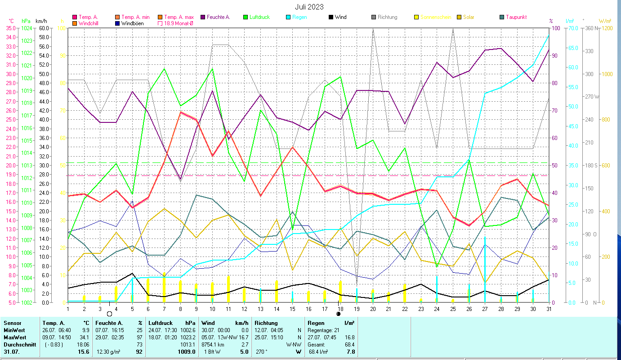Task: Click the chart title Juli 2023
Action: [x=309, y=7]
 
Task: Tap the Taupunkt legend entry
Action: [x=516, y=17]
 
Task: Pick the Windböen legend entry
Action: [x=132, y=23]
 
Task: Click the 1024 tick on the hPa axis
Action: [x=27, y=28]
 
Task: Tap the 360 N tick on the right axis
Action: [x=590, y=28]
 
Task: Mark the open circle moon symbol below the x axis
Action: [x=109, y=314]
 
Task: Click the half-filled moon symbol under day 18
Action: [x=338, y=314]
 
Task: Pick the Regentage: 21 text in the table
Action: [x=324, y=330]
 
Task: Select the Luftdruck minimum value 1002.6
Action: [x=188, y=330]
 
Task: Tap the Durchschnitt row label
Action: [x=18, y=344]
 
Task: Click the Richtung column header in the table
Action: [x=266, y=323]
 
